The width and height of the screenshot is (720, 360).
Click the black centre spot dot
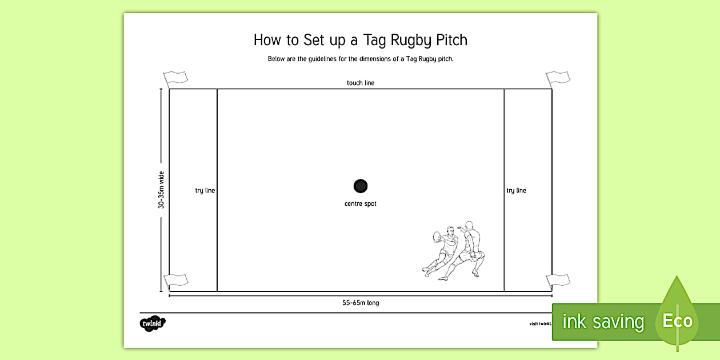tap(361, 186)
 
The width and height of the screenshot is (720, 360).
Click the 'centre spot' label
tap(361, 204)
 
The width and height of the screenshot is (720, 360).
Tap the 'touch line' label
tap(361, 83)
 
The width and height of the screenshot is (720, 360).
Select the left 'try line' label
tap(205, 190)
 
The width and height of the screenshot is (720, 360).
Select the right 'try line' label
tap(516, 190)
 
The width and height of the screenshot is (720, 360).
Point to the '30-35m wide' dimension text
tap(161, 189)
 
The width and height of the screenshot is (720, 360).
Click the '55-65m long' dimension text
tap(361, 303)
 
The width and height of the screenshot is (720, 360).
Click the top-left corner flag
tap(175, 78)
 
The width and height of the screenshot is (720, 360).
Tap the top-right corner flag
tap(557, 78)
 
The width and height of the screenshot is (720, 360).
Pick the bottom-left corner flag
tap(175, 281)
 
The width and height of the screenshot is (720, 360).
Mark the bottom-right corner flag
tap(557, 281)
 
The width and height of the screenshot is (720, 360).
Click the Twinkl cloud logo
tap(153, 323)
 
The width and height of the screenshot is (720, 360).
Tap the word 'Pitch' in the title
tap(451, 40)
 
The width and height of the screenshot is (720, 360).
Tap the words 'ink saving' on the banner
tap(603, 322)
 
